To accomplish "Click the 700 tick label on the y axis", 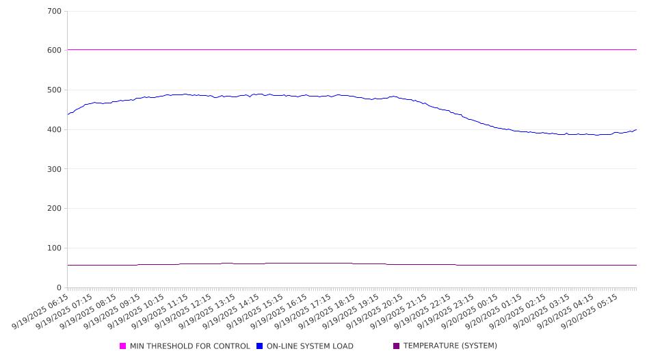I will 55,12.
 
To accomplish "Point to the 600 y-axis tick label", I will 55,51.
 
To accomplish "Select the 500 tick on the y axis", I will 55,90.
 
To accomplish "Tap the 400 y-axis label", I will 55,130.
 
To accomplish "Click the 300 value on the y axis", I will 55,169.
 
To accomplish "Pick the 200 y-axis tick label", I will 55,209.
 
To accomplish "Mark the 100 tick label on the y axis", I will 55,248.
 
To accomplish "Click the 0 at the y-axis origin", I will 60,288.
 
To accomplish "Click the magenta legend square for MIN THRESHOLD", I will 123,346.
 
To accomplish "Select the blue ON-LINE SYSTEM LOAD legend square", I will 260,346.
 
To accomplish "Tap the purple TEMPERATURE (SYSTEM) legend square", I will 397,346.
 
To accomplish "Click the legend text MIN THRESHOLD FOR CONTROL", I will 189,346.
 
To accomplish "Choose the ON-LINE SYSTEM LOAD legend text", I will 310,346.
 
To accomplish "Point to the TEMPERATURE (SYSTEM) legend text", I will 450,346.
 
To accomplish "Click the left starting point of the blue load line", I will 68,114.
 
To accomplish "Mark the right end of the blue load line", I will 636,129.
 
